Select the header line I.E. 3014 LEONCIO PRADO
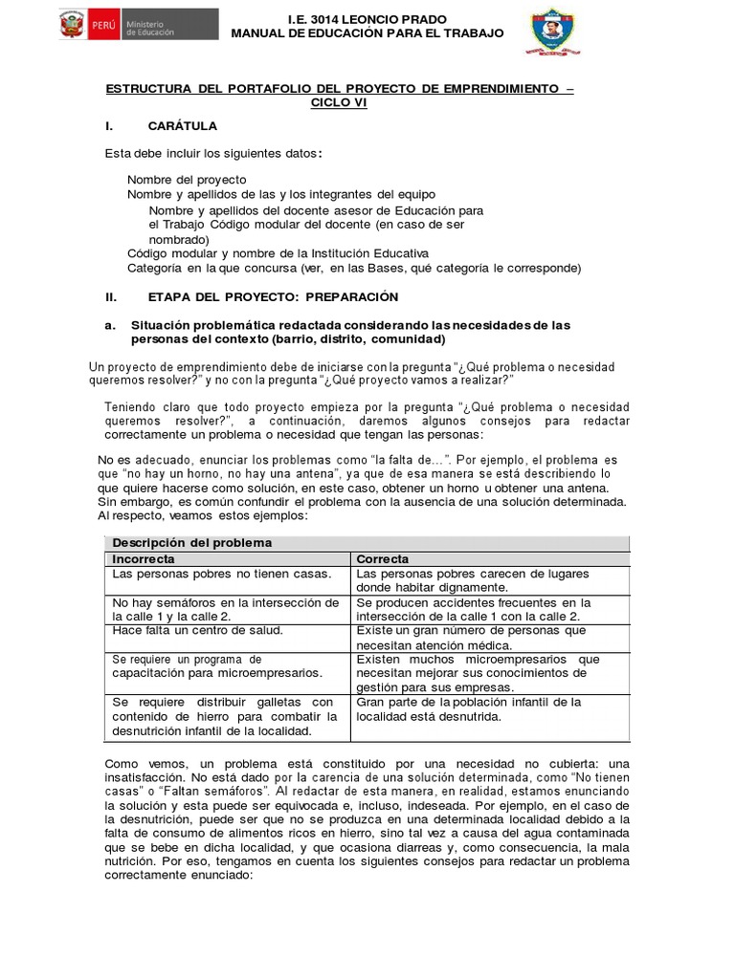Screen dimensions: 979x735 point(367,20)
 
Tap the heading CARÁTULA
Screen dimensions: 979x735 point(182,125)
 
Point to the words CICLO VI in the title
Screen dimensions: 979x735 point(339,103)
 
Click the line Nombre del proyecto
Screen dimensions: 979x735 point(187,180)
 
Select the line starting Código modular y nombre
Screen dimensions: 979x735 point(278,253)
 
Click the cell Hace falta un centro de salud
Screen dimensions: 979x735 point(198,631)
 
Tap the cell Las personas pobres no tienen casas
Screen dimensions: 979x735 point(222,574)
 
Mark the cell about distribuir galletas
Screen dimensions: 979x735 point(225,716)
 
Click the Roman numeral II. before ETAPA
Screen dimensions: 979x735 point(111,297)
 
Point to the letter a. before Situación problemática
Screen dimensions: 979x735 point(110,326)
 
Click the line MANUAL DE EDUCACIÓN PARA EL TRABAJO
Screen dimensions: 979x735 point(367,34)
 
